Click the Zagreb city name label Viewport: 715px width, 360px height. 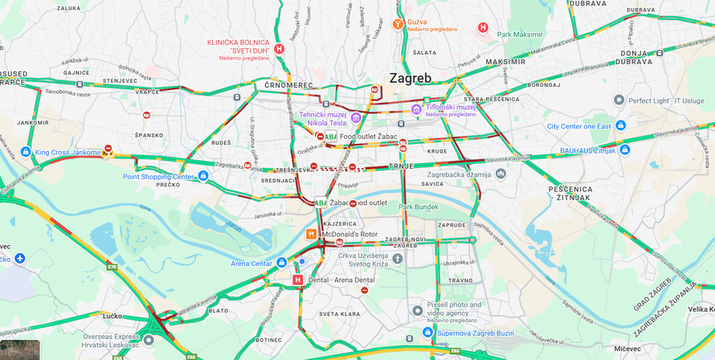tap(411, 78)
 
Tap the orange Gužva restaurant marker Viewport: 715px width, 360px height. tap(398, 24)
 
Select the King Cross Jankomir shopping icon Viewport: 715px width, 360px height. tap(27, 152)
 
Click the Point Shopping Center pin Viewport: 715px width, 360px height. tap(203, 176)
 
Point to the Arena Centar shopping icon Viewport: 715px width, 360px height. tap(281, 263)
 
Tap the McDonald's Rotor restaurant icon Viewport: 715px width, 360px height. tap(312, 234)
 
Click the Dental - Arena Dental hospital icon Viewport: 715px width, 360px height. tap(298, 280)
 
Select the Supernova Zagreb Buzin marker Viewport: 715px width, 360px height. tap(428, 332)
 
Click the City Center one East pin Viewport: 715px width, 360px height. tap(619, 126)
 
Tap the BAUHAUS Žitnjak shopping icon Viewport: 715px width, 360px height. tap(624, 149)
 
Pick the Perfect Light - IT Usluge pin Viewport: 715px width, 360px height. tap(619, 100)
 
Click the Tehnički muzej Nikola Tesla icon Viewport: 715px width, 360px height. tap(356, 118)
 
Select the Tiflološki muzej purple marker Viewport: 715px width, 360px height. tap(416, 109)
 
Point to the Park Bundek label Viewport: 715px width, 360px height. tap(419, 207)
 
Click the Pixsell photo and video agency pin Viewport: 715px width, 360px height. tap(417, 310)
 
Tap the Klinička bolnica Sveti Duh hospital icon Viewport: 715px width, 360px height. tap(279, 48)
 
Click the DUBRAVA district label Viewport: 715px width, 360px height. tap(590, 3)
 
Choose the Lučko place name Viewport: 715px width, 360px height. tap(112, 316)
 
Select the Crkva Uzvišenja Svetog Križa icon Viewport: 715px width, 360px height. tap(398, 259)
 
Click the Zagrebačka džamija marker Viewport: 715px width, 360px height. tap(500, 173)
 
